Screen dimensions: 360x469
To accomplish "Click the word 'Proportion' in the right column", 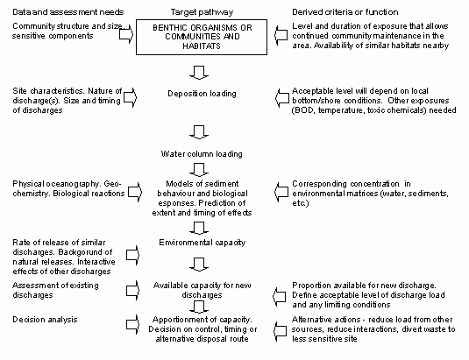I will pos(313,286).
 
